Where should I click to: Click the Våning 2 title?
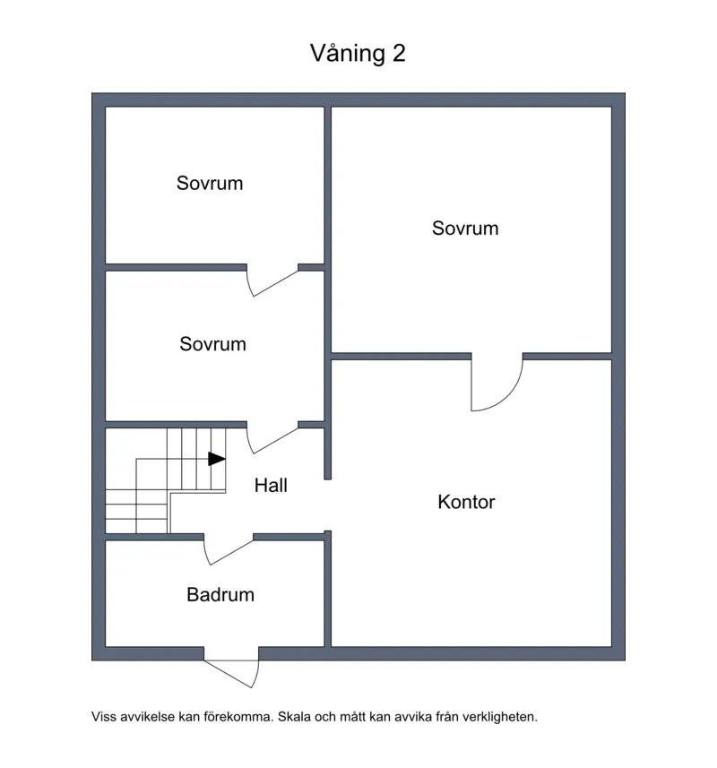pos(358,53)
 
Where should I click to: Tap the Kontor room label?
pos(466,502)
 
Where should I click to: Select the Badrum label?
pos(220,595)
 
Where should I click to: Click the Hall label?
pos(271,486)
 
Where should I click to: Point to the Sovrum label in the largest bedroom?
pos(465,229)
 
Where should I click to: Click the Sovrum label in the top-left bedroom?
pos(210,183)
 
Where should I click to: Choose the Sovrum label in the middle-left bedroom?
pos(212,344)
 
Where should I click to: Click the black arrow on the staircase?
pos(217,459)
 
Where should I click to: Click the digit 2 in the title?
pos(399,54)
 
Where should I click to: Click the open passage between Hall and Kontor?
pos(328,505)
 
